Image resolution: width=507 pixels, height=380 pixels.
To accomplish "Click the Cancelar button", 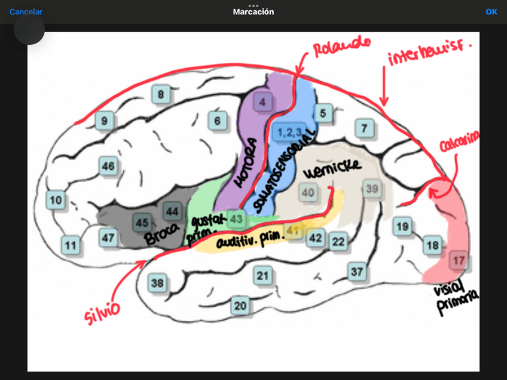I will tap(26, 11).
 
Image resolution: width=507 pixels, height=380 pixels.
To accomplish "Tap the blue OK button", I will tap(491, 11).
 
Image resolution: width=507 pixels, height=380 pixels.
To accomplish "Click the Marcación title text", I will tap(253, 11).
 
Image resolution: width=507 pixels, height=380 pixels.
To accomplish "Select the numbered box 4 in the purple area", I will tap(262, 102).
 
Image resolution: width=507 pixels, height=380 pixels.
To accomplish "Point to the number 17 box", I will tap(459, 261).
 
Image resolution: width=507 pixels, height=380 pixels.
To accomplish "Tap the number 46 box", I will tap(108, 166).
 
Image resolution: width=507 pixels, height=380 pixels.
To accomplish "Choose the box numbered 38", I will tap(158, 283).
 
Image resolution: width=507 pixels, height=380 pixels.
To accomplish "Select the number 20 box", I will tap(240, 305).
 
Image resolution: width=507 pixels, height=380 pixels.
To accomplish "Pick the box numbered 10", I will tap(56, 200).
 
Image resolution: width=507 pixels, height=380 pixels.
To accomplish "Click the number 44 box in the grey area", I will tap(172, 211).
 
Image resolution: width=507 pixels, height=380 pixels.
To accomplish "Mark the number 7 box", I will tap(365, 127).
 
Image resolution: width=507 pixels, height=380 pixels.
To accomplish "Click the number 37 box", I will tap(357, 271).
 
